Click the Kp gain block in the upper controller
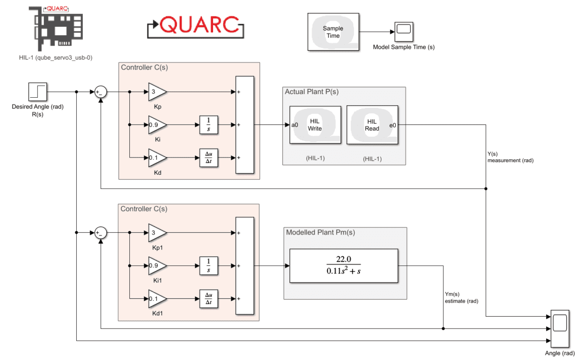[x=156, y=92]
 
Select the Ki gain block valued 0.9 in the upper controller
[x=156, y=125]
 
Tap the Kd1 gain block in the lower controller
[x=156, y=299]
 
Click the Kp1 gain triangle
[x=156, y=233]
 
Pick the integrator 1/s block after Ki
[x=208, y=125]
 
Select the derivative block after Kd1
[x=208, y=299]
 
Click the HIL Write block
[x=315, y=125]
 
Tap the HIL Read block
[x=372, y=125]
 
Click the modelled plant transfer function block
[x=343, y=266]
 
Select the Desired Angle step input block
[x=38, y=92]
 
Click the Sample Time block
[x=333, y=32]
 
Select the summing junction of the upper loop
[x=101, y=92]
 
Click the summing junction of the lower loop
[x=101, y=233]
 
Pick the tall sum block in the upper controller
[x=245, y=125]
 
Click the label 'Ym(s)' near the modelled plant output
[x=452, y=294]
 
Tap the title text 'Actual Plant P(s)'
[x=311, y=92]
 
